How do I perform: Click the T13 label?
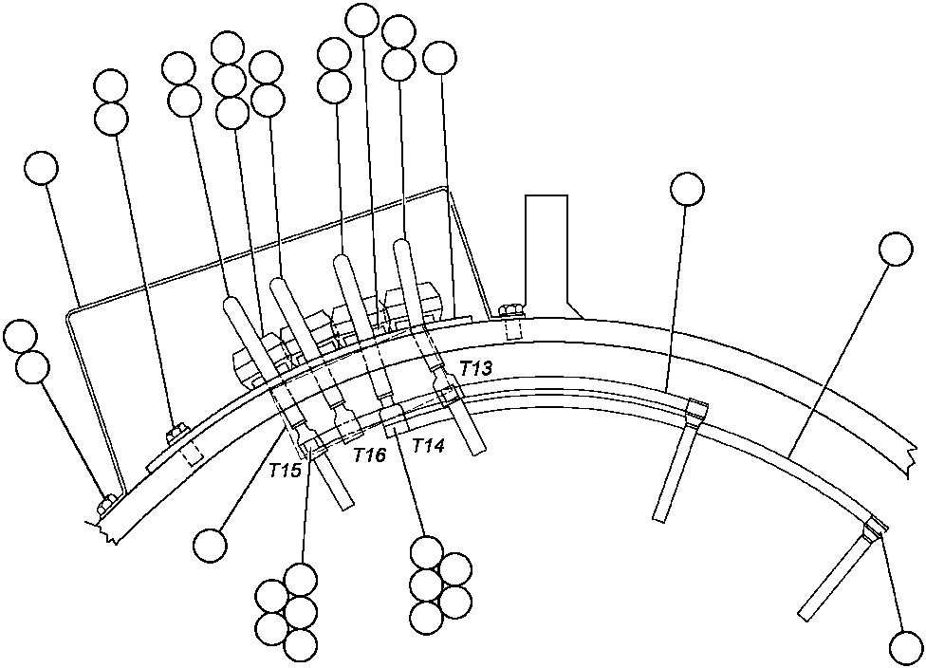coord(475,366)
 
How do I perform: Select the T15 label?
coord(286,470)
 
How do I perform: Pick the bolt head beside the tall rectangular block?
coord(511,308)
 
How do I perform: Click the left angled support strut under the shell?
coord(675,465)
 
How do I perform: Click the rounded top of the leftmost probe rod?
coord(232,304)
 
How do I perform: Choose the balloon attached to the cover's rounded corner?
coord(40,169)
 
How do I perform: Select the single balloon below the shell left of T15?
coord(210,545)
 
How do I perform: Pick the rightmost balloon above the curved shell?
coord(895,250)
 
